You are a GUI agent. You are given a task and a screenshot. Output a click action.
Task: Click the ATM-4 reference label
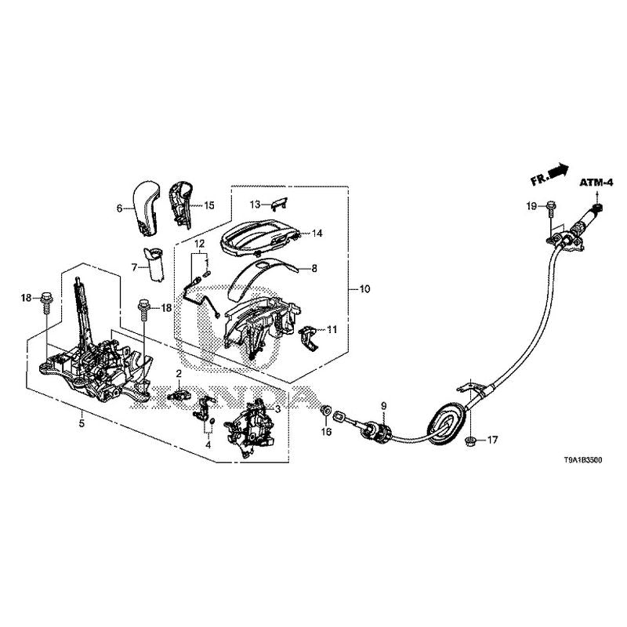[596, 183]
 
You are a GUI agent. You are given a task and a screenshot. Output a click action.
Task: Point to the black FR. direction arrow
[559, 170]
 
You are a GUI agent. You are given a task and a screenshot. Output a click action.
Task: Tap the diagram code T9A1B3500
[582, 461]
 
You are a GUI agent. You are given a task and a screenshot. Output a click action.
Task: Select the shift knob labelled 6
[145, 207]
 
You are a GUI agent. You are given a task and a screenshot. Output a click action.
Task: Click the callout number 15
[209, 205]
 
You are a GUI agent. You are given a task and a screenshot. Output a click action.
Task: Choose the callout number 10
[365, 288]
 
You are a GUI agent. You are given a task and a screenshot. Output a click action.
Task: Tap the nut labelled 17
[471, 441]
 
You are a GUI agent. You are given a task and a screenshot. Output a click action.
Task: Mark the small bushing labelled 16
[326, 410]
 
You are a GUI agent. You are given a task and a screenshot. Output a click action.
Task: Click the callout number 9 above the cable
[384, 406]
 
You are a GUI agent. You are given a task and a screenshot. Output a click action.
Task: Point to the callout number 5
[82, 423]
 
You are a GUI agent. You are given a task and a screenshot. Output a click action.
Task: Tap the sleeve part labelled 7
[154, 265]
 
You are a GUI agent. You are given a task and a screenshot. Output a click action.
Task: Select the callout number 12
[199, 244]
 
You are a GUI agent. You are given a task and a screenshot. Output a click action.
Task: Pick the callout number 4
[208, 444]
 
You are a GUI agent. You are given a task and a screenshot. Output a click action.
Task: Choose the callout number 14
[317, 233]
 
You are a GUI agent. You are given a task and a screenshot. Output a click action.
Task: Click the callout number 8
[314, 268]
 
